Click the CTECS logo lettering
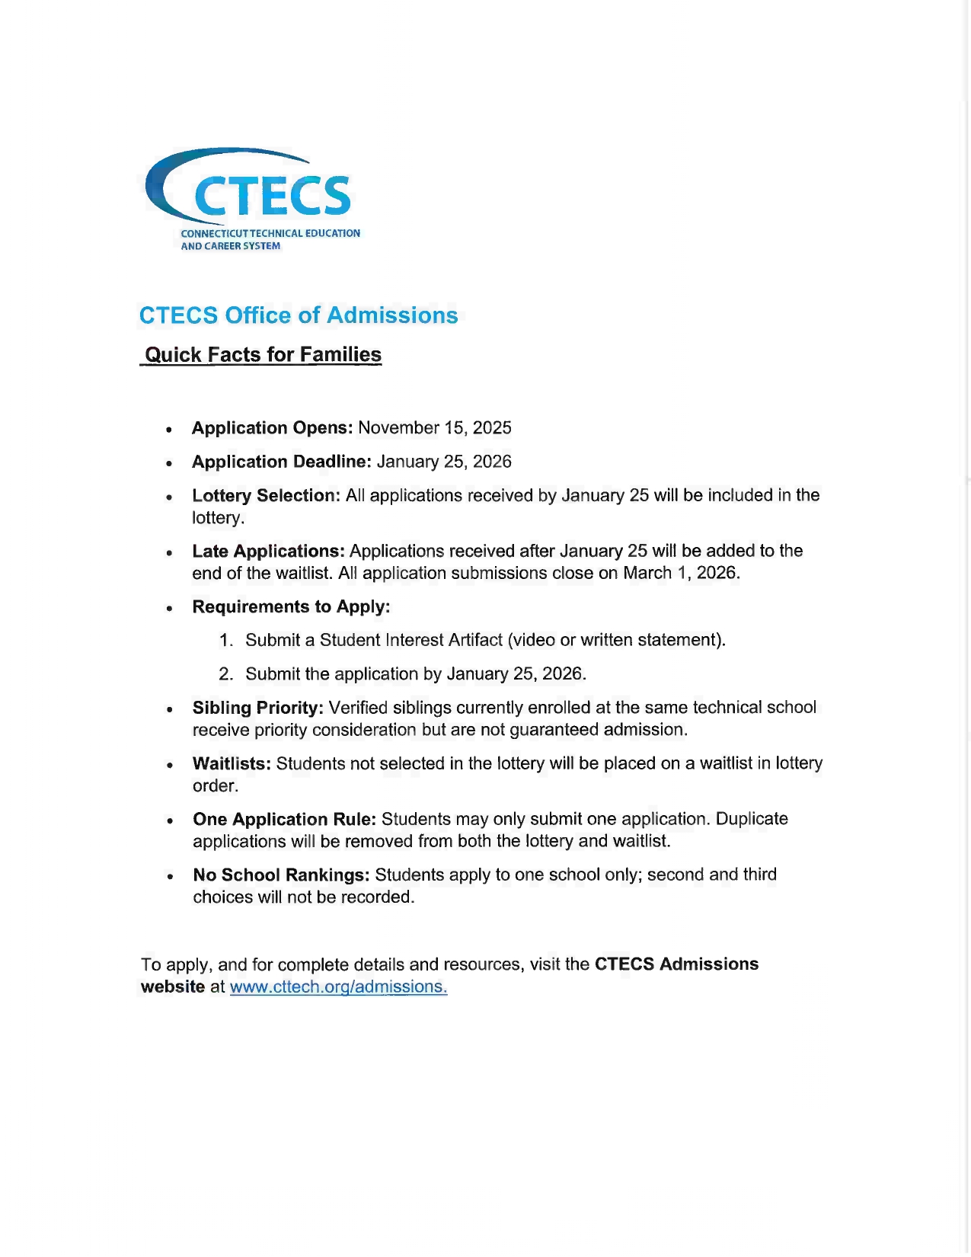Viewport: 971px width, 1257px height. pos(272,196)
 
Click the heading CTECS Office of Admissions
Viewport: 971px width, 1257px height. pos(299,315)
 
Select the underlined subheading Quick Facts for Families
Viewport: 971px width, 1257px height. pos(263,355)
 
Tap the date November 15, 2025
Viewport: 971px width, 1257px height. pos(435,428)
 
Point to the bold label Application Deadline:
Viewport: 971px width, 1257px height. pos(281,462)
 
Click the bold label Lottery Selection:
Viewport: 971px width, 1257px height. pos(266,495)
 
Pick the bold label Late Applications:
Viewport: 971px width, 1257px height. pos(268,551)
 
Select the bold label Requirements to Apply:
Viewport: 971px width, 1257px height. pos(291,606)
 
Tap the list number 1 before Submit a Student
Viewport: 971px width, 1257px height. pos(225,640)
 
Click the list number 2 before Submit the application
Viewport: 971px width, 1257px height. pos(225,673)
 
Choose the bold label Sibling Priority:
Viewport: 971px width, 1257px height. pos(257,708)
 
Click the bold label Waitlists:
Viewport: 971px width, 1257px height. pos(232,763)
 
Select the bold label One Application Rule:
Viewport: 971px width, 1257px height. pos(284,819)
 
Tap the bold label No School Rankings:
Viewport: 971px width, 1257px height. pos(281,875)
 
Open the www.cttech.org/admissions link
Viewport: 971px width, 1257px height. pos(338,987)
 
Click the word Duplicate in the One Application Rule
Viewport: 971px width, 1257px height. pos(752,819)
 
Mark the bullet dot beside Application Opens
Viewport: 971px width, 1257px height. pos(169,430)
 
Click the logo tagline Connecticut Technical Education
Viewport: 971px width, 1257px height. pos(270,233)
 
